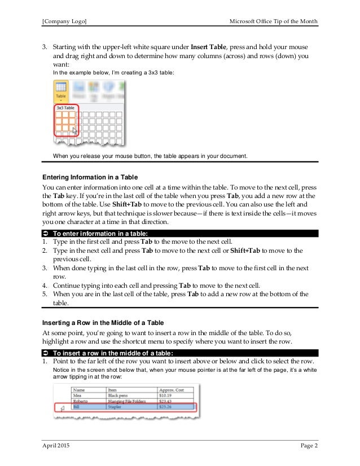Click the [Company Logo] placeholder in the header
coord(64,21)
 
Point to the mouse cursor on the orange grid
coord(75,131)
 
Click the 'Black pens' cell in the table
coord(118,394)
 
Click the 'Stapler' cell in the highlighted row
coord(116,406)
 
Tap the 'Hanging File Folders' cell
coord(126,400)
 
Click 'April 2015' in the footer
coord(58,446)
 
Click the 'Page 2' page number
coord(308,446)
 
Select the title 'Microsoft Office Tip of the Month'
coord(274,21)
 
